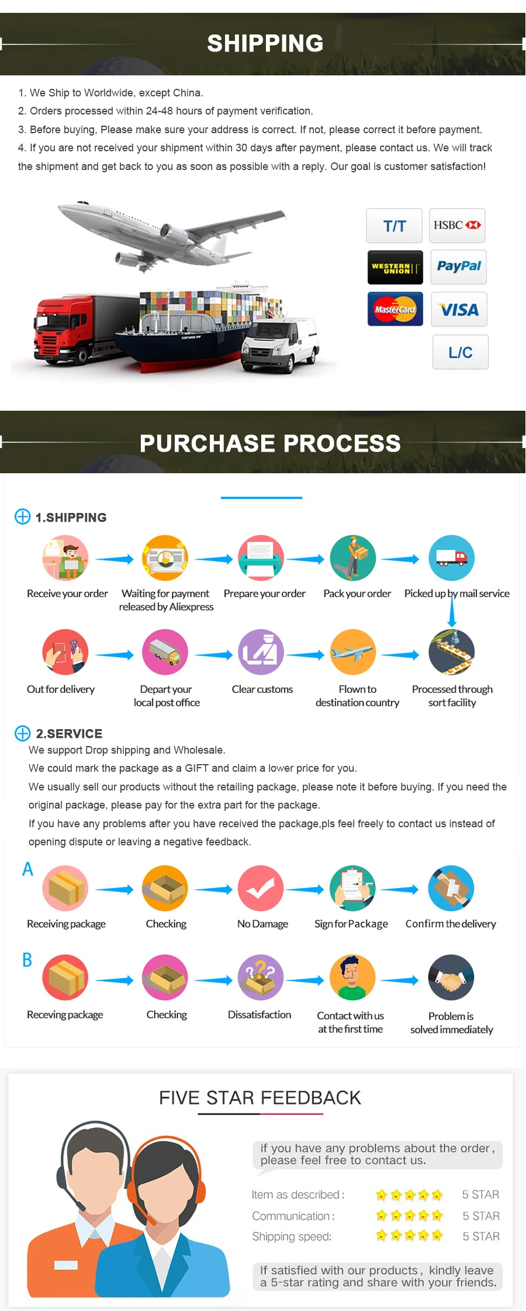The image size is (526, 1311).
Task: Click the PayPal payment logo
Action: click(459, 267)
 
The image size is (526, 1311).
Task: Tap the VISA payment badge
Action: click(459, 310)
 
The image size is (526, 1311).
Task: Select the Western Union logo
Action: click(395, 268)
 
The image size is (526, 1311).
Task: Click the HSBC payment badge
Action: click(457, 226)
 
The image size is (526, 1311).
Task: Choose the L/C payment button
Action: click(460, 352)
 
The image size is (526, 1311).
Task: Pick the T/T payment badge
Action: click(394, 226)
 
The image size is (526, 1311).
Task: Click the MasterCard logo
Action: click(395, 309)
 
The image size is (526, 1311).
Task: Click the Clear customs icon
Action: click(261, 652)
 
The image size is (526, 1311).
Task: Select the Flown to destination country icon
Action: click(352, 652)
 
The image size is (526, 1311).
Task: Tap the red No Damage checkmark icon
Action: click(261, 889)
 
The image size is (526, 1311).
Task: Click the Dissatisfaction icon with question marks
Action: click(261, 977)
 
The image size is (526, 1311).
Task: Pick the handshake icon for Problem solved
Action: click(451, 977)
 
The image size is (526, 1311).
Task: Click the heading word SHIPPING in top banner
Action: click(265, 43)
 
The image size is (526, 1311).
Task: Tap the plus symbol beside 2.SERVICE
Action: click(22, 733)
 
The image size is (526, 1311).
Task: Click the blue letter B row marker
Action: click(27, 960)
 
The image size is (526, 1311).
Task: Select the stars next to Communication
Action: click(409, 1216)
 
